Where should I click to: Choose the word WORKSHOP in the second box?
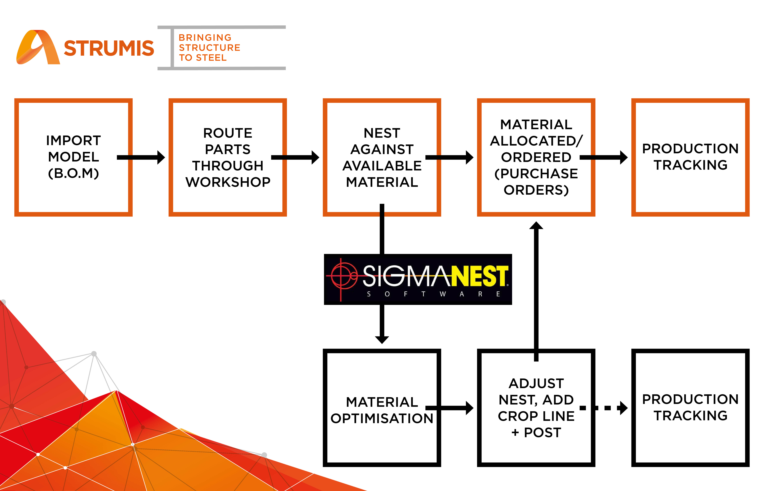click(228, 182)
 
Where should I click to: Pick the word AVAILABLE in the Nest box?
click(382, 166)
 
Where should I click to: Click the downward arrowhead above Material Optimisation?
click(382, 340)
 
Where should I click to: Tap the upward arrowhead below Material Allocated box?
click(536, 225)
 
